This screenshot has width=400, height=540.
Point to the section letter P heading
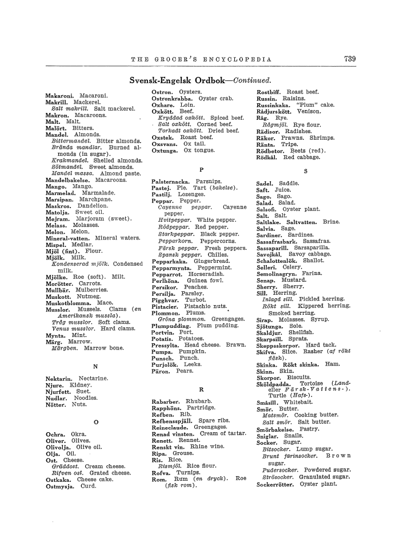pos(201,169)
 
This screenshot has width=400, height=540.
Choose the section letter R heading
pos(201,389)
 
